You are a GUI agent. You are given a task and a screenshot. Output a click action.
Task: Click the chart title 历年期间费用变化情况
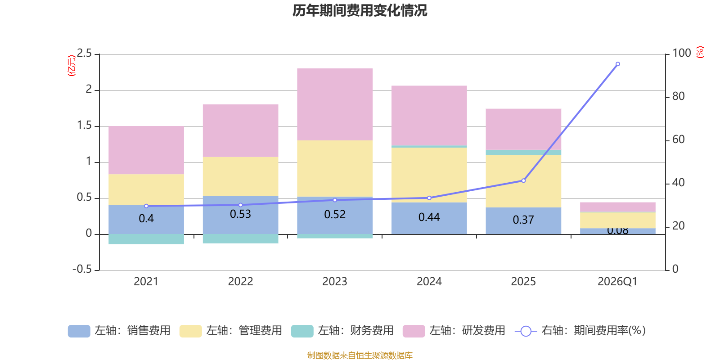[x=360, y=10]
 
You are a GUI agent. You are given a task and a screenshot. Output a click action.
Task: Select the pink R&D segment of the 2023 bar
[x=335, y=104]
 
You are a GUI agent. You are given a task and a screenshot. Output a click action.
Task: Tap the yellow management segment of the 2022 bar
[x=240, y=176]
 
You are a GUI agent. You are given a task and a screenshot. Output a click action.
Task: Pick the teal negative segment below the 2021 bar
[x=146, y=239]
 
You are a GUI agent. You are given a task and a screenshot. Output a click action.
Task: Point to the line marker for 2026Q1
[x=617, y=64]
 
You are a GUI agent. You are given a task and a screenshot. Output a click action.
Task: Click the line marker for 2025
[x=523, y=180]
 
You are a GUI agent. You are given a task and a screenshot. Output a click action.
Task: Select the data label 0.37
[x=523, y=220]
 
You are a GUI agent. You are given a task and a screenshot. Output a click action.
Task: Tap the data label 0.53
[x=240, y=214]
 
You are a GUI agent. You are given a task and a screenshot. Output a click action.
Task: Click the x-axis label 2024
[x=429, y=282]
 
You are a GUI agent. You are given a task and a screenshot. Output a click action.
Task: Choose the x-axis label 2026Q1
[x=617, y=282]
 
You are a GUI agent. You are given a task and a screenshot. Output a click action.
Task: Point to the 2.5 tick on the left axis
[x=84, y=54]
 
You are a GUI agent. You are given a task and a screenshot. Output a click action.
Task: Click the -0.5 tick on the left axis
[x=82, y=269]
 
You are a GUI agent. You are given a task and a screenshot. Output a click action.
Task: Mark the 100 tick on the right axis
[x=681, y=53]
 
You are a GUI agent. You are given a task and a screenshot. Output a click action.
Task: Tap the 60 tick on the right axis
[x=678, y=139]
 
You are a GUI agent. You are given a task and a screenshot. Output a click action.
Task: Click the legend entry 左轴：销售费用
[x=119, y=331]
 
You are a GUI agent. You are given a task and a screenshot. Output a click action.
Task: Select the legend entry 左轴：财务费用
[x=342, y=331]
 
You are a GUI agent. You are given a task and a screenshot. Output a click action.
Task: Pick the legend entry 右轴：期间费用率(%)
[x=580, y=331]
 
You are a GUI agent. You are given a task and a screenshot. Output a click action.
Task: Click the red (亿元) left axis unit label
[x=72, y=66]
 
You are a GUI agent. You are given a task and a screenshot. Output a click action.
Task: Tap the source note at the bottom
[x=360, y=355]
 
